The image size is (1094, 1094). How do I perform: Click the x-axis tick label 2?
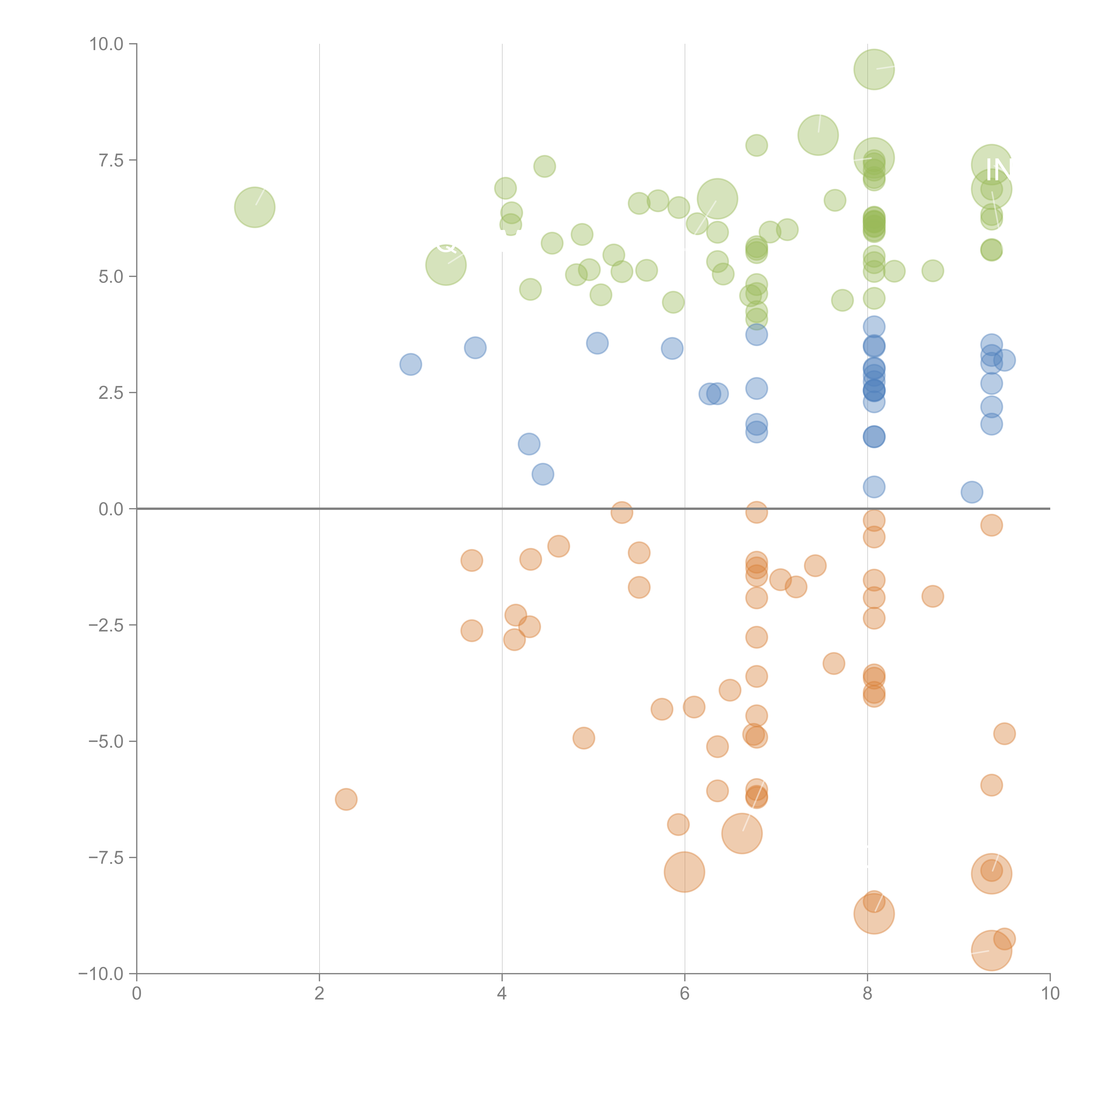tap(319, 994)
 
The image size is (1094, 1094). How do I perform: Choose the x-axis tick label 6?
tap(685, 994)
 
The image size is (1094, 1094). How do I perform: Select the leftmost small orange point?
tap(346, 799)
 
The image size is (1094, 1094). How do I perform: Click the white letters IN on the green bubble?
tap(998, 170)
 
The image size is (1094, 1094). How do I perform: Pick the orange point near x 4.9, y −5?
tap(583, 738)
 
